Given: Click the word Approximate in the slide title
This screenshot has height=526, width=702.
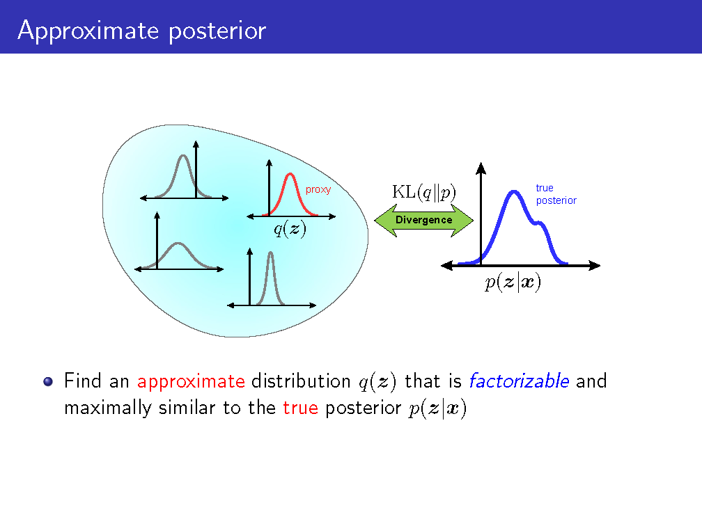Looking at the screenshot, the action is tap(88, 31).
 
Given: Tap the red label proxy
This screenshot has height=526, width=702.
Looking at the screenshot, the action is tap(318, 190).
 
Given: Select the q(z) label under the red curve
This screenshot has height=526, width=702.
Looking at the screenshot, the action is tap(290, 229).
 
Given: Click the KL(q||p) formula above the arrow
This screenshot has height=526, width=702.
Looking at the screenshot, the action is tap(424, 192).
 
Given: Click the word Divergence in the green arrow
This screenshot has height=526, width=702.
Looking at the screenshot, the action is tap(423, 220).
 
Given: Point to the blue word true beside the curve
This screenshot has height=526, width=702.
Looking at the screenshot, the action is tap(545, 188).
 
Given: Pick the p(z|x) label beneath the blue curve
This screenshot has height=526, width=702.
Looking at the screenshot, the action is tap(513, 282).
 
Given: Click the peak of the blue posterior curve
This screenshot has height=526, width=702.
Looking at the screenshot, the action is tap(514, 192).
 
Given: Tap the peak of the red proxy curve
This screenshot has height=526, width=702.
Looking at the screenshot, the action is tap(290, 174).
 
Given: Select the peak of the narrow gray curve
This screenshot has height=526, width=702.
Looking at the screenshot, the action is tap(270, 253).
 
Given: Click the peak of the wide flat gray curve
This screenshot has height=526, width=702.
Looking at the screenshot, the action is tap(178, 244).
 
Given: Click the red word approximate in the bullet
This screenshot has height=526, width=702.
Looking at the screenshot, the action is tap(191, 381).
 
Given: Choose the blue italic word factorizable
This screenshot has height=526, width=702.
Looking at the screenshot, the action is tap(520, 381).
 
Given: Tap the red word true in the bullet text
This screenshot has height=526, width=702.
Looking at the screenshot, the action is tap(300, 408).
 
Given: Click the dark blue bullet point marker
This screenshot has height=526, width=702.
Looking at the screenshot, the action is tap(48, 381).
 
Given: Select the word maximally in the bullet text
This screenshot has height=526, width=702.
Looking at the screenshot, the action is tap(108, 408).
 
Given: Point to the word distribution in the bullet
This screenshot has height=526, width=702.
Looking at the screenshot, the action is tap(301, 381).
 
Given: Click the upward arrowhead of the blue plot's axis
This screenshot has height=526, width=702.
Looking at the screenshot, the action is tap(481, 168).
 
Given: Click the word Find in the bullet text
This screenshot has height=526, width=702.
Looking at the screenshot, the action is tap(83, 381).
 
